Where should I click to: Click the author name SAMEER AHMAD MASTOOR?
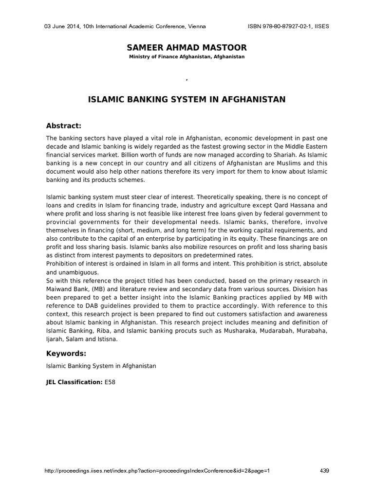187,47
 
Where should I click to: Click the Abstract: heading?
64,125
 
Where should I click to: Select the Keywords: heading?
66,353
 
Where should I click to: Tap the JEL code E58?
110,383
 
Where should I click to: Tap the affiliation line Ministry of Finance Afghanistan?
187,57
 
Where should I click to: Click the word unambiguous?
72,272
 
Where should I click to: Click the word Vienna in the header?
197,26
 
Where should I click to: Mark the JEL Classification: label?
74,383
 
